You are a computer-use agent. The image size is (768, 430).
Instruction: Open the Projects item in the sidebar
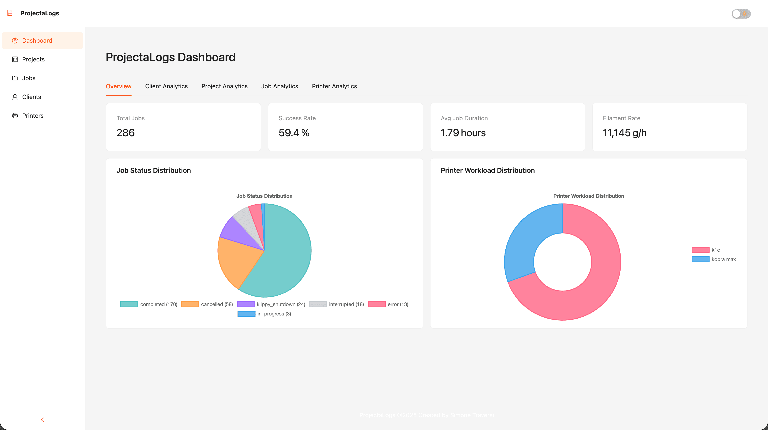click(33, 59)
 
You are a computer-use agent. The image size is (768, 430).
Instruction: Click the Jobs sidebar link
click(29, 78)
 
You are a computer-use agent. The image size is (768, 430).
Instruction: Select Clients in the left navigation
click(31, 97)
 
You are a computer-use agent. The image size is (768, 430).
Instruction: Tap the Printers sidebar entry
click(32, 116)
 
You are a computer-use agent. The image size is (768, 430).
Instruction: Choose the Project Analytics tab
click(224, 86)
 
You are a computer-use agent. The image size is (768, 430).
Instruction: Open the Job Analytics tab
click(279, 86)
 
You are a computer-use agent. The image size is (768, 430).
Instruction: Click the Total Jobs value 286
click(125, 133)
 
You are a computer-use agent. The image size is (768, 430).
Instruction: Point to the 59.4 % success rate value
click(294, 133)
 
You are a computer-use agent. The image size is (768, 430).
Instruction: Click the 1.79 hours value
click(463, 133)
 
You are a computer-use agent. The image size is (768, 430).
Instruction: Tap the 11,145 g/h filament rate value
click(624, 133)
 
